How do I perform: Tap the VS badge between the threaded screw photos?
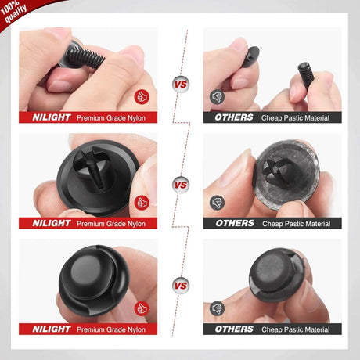tap(181, 82)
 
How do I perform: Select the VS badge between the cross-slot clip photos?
tap(181, 185)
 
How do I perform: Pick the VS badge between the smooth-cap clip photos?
tap(181, 284)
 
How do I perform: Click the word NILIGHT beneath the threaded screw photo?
tap(51, 117)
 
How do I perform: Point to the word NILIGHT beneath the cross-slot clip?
tap(51, 223)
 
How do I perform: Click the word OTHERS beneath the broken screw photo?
tap(234, 117)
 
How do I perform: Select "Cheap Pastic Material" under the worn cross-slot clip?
tap(296, 223)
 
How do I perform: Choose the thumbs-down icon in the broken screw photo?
tap(217, 97)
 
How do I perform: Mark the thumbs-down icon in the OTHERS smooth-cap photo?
tap(217, 308)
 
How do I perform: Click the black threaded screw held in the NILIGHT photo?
tap(81, 51)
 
